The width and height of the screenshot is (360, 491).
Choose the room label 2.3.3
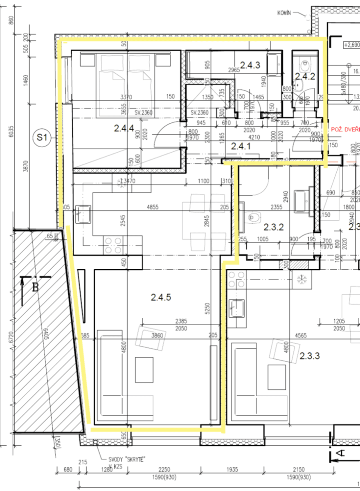pos(310,356)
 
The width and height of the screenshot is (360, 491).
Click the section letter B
pos(36,287)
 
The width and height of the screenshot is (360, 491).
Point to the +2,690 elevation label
pos(351,45)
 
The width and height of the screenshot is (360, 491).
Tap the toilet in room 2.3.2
pos(254,216)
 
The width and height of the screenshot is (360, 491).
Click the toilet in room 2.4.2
pos(304,65)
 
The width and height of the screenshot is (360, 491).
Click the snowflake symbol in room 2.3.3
pos(302,279)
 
